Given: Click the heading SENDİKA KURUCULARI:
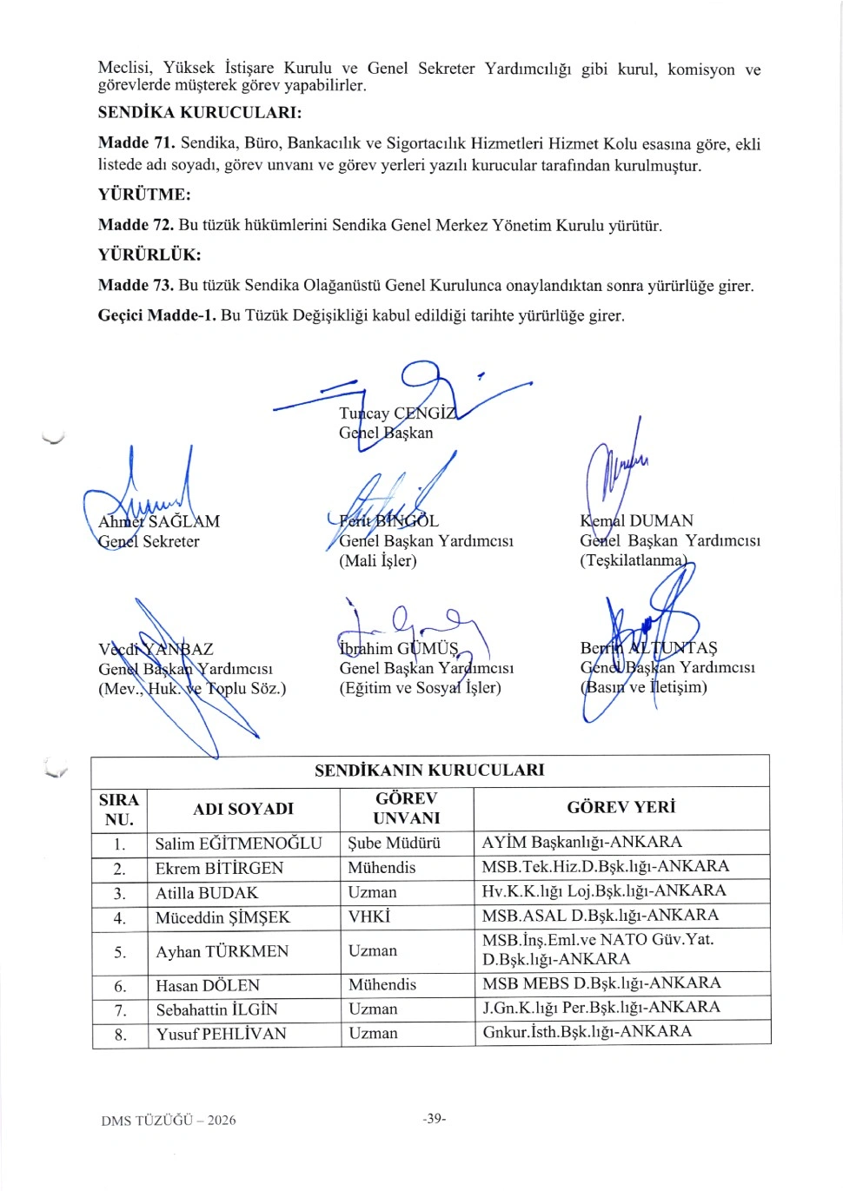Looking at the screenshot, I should [x=200, y=113].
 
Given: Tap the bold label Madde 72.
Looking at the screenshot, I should [x=136, y=225].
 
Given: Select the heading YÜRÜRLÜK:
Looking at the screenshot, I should [x=149, y=255].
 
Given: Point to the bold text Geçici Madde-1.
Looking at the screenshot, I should [x=156, y=315].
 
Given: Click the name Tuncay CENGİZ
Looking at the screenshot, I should [x=397, y=414].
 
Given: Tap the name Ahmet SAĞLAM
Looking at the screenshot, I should [x=159, y=521].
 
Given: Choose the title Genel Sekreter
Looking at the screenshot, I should [x=149, y=541].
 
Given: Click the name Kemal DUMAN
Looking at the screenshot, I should [x=637, y=521].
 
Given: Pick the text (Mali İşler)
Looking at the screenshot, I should [x=378, y=560].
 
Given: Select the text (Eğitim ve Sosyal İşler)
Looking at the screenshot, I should [x=420, y=688].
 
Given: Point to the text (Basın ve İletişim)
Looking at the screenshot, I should [x=644, y=687].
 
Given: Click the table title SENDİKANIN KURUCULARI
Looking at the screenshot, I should [x=429, y=771].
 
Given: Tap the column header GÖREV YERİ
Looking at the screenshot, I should [x=621, y=807].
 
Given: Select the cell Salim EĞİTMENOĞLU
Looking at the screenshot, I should [x=238, y=844].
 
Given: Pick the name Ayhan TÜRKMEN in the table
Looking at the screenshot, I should [x=222, y=951].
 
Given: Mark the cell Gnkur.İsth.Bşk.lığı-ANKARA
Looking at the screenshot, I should [x=587, y=1032].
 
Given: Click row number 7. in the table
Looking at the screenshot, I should [x=120, y=1010].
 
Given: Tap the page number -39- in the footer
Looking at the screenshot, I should [x=435, y=1119].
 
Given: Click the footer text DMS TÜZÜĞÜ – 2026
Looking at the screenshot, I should [x=169, y=1121].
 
